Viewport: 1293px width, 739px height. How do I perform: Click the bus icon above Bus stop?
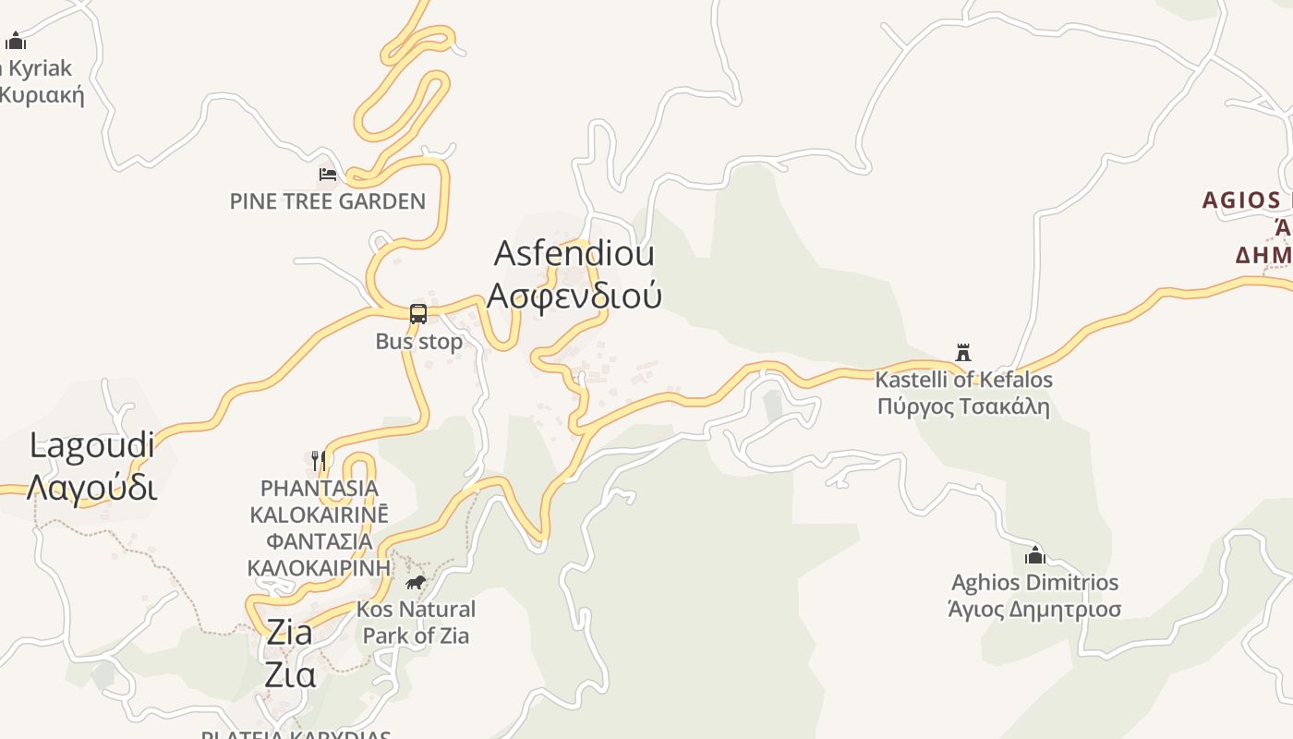(x=418, y=314)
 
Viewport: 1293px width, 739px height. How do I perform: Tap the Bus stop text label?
(x=418, y=342)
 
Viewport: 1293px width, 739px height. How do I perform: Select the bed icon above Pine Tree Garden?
(x=327, y=174)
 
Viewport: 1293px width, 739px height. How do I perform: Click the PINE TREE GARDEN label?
(x=328, y=201)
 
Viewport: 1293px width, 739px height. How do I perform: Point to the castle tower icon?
(x=963, y=352)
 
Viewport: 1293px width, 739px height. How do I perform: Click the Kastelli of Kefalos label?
(x=963, y=380)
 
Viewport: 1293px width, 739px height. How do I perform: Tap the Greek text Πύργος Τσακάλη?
(x=963, y=406)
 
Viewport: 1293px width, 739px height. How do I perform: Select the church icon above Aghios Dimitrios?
(x=1035, y=554)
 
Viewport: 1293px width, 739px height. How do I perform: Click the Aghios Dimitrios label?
(x=1034, y=583)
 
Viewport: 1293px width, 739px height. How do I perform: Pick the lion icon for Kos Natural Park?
(x=416, y=582)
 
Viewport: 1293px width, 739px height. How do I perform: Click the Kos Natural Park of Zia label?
(x=416, y=622)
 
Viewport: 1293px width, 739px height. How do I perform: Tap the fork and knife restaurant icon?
(x=319, y=460)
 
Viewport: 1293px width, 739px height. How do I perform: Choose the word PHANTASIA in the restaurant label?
(x=320, y=488)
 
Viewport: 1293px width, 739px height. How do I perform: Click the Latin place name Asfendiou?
(x=574, y=253)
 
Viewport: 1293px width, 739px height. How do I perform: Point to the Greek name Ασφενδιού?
(x=574, y=296)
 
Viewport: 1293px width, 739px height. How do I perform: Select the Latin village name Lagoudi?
(x=92, y=445)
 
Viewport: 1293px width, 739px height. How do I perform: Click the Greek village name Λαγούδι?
(x=91, y=487)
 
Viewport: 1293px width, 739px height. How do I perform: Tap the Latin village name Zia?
(x=289, y=633)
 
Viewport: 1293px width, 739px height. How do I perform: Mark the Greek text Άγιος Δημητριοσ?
(x=1034, y=610)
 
